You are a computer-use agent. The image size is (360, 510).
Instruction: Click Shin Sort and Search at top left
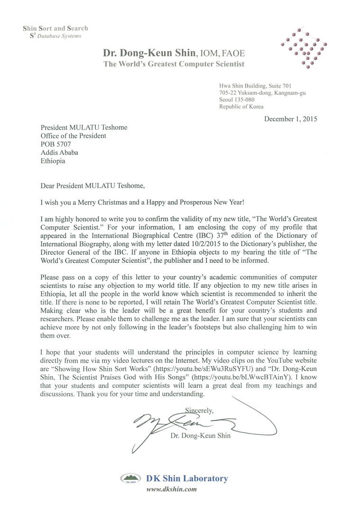point(55,28)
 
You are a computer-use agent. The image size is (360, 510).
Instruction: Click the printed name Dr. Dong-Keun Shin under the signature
point(201,436)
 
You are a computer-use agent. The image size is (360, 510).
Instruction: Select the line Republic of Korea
point(241,107)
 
